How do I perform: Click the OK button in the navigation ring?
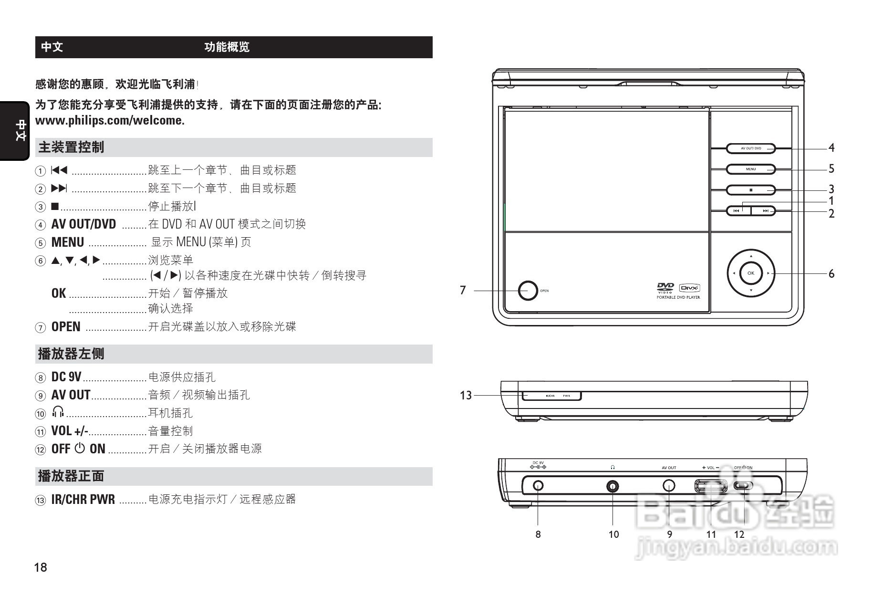click(751, 273)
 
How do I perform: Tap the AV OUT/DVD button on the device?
click(751, 148)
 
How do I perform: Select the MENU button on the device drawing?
click(751, 169)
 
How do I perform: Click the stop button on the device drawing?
click(751, 190)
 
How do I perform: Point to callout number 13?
click(466, 395)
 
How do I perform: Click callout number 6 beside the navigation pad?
click(831, 273)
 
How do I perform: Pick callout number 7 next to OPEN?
click(462, 290)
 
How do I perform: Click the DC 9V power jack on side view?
click(538, 486)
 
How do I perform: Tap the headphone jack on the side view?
click(613, 486)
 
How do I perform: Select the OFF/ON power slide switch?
click(743, 486)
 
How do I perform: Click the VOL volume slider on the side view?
click(710, 486)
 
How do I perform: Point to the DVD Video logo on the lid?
click(665, 288)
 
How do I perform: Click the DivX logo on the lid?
click(690, 288)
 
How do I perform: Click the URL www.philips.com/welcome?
click(110, 120)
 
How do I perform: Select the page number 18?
click(41, 567)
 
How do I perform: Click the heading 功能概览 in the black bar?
click(227, 47)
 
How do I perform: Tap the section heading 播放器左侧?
click(71, 354)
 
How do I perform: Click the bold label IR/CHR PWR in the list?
click(83, 500)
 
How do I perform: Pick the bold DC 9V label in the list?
click(66, 377)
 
